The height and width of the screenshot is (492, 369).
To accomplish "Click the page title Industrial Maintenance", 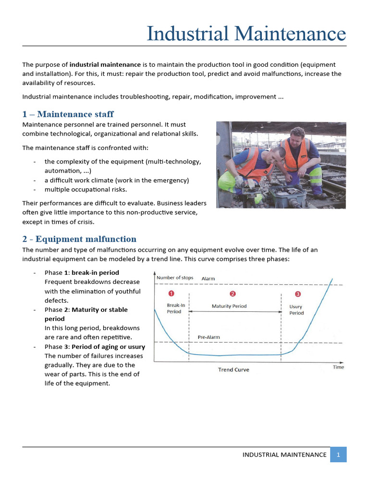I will [x=246, y=34].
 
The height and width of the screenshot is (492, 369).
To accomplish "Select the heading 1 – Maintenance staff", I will [x=68, y=114].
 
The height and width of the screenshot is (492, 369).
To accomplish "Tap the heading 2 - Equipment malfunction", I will [x=79, y=239].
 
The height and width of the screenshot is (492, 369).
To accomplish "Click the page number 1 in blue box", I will [x=338, y=455].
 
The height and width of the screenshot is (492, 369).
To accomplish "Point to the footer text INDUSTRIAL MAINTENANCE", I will [x=284, y=455].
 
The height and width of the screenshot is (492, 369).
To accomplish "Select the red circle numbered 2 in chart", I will [x=233, y=294].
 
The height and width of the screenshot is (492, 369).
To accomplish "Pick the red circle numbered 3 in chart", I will [x=297, y=294].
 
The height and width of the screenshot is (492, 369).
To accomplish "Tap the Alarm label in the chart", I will [x=208, y=279].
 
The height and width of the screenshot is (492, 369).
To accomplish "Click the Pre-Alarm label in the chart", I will [x=209, y=337].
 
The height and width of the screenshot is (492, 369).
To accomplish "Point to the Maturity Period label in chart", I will [x=229, y=306].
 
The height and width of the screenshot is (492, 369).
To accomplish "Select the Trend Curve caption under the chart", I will [x=234, y=369].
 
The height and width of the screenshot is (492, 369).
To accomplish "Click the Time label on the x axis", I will [x=338, y=367].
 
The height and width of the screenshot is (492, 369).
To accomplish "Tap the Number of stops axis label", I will [x=175, y=278].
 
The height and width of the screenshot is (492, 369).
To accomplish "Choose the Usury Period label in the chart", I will [x=296, y=309].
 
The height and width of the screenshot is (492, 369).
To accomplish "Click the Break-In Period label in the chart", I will [x=174, y=308].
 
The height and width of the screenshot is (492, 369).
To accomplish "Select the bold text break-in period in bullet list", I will [x=95, y=273].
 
